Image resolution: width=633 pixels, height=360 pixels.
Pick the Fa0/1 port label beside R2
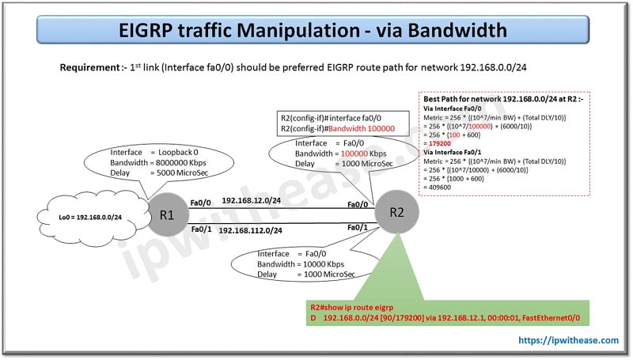pos(358,228)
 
